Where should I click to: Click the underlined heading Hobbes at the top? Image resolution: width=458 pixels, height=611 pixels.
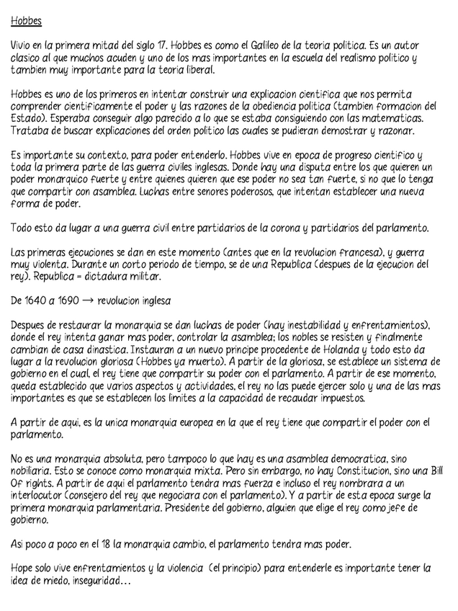[27, 21]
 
